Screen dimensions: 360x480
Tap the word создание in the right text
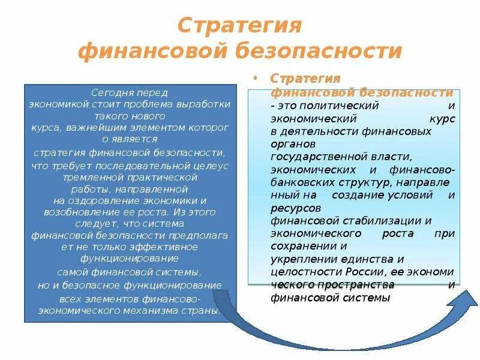(361, 196)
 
